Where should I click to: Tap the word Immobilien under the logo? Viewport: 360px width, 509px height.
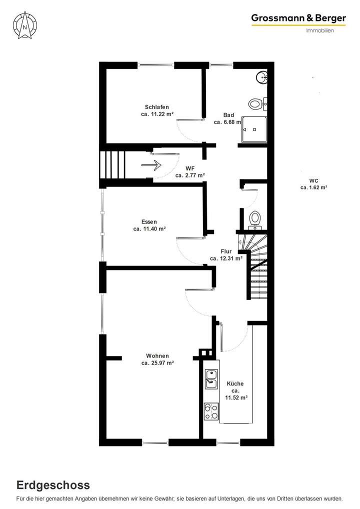[320, 30]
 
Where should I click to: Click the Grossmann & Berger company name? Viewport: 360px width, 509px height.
[298, 18]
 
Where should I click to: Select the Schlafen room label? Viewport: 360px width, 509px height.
[157, 107]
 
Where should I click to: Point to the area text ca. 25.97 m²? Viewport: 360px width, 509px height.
[157, 363]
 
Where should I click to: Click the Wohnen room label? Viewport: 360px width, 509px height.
[157, 356]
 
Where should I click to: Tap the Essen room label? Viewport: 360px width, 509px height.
[149, 221]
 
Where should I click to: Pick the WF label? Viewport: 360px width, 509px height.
[190, 168]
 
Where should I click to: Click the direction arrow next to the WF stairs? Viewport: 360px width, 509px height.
[151, 164]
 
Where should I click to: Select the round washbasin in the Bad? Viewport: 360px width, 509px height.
[262, 77]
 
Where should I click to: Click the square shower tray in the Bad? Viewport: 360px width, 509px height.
[254, 128]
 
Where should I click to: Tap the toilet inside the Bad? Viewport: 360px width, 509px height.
[256, 104]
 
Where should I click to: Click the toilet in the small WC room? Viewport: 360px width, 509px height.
[255, 219]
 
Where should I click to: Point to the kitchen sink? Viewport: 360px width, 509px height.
[211, 378]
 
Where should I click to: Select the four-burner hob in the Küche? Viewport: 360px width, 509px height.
[211, 411]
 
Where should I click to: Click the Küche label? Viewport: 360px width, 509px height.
[235, 383]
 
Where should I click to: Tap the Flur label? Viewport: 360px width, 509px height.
[225, 251]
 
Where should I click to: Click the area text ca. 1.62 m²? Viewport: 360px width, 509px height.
[313, 187]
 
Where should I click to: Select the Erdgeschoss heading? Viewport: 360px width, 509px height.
[53, 484]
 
